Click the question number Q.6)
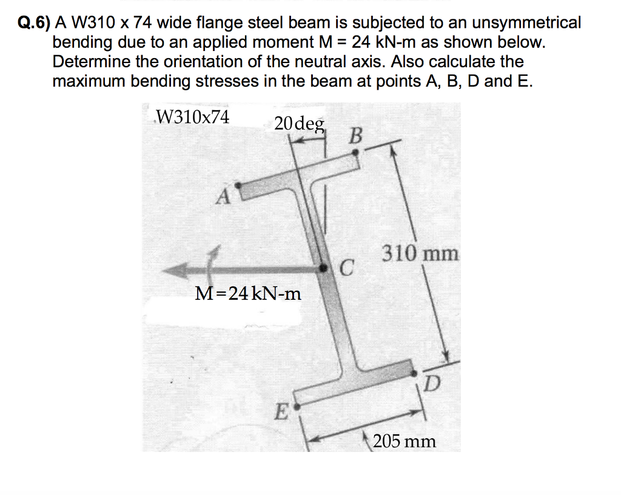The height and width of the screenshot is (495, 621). (x=33, y=23)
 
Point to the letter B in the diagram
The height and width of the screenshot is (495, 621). (x=356, y=136)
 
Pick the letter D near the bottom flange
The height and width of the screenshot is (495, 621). (x=431, y=382)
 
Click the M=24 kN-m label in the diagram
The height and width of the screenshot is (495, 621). (x=248, y=294)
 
